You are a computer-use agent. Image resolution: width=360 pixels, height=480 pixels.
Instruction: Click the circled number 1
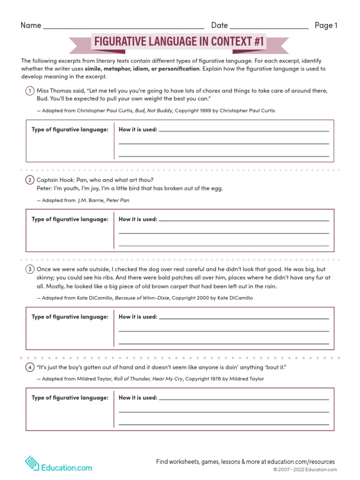tap(29, 90)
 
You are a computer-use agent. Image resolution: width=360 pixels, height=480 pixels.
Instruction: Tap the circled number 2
tap(29, 180)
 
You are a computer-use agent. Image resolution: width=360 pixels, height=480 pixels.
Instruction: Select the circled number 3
tap(29, 269)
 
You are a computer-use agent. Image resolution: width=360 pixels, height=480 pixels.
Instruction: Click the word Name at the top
tap(31, 25)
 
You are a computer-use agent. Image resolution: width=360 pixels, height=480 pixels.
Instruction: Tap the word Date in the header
tap(219, 25)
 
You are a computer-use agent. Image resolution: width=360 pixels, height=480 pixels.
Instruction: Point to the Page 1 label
tap(326, 25)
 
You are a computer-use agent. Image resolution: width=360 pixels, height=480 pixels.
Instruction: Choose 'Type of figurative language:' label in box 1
tap(70, 129)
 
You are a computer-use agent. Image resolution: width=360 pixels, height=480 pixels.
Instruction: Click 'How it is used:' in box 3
tap(138, 317)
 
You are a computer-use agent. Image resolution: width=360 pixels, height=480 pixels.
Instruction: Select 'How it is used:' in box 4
tap(138, 398)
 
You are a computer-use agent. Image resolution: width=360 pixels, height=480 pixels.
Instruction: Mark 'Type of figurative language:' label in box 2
tap(70, 219)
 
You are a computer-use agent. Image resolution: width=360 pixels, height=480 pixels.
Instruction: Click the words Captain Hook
tap(55, 180)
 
